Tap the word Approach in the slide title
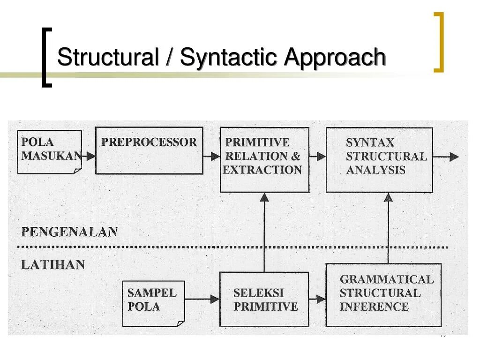click(x=335, y=58)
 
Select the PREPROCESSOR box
click(x=149, y=150)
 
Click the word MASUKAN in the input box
click(x=51, y=156)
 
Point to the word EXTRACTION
click(x=262, y=170)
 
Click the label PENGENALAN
click(x=69, y=232)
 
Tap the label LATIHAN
click(x=53, y=265)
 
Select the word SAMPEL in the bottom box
click(x=152, y=293)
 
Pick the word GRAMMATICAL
click(x=387, y=279)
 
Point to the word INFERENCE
click(x=374, y=307)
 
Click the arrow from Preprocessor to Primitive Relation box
click(x=211, y=157)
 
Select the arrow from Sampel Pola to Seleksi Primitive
click(x=202, y=299)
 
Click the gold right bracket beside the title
click(x=439, y=42)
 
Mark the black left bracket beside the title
click(x=46, y=58)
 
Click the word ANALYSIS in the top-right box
click(x=375, y=170)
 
